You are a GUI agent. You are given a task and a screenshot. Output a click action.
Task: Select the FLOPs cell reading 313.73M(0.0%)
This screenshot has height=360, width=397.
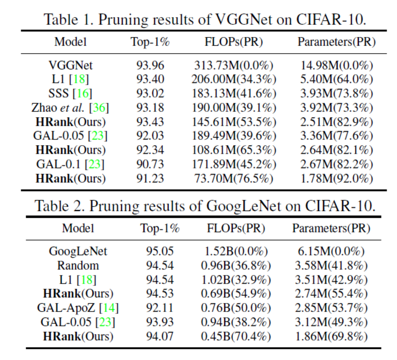[234, 66]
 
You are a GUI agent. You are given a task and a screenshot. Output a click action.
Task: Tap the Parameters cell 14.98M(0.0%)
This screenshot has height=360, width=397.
[337, 66]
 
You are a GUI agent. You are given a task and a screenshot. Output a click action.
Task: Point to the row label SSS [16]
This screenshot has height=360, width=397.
[71, 93]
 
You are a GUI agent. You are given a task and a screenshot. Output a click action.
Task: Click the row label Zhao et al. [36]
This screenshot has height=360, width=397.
[71, 108]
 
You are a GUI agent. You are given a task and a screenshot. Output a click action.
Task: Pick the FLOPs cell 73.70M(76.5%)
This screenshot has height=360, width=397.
[234, 178]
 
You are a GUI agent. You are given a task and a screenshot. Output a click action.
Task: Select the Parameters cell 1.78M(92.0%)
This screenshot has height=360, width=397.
[337, 178]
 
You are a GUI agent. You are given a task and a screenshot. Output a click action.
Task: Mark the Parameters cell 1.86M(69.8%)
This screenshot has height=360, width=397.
[330, 336]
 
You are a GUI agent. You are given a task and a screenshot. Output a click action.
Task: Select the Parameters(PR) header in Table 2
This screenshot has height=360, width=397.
[330, 228]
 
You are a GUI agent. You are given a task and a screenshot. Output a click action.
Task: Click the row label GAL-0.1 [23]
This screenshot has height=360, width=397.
[71, 164]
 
